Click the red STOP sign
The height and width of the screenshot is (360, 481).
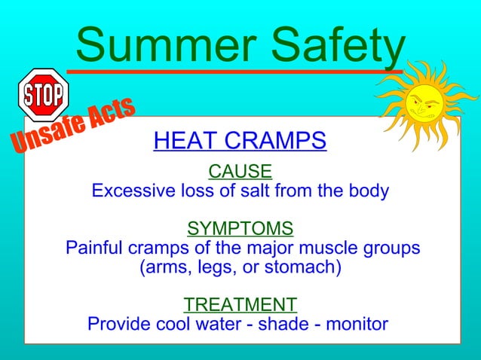(43, 94)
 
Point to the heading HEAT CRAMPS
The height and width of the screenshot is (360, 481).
(240, 141)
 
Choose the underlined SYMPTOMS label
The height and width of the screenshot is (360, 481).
(240, 227)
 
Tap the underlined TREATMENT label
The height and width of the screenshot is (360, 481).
(240, 304)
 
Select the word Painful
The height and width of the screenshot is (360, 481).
(96, 248)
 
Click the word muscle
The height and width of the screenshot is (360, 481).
(335, 248)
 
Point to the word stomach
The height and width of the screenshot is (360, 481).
(305, 267)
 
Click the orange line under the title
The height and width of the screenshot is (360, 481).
(226, 72)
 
